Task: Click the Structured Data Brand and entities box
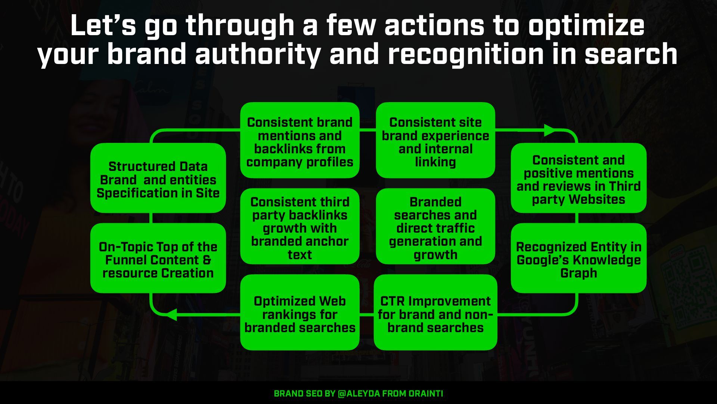tap(158, 178)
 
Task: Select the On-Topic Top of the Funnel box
tap(158, 258)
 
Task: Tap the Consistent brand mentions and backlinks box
tap(299, 140)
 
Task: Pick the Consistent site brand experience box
tap(435, 140)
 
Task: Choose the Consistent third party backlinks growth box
tap(299, 226)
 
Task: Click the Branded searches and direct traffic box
tap(435, 226)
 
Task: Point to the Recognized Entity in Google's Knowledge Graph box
tap(578, 258)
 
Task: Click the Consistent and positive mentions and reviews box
tap(578, 178)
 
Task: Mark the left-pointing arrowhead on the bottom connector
tap(171, 315)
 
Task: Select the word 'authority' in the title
tap(257, 54)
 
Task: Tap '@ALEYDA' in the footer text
tap(358, 394)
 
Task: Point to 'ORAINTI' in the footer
tap(426, 394)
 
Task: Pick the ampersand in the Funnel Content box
tap(207, 260)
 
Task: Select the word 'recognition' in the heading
tap(465, 54)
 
